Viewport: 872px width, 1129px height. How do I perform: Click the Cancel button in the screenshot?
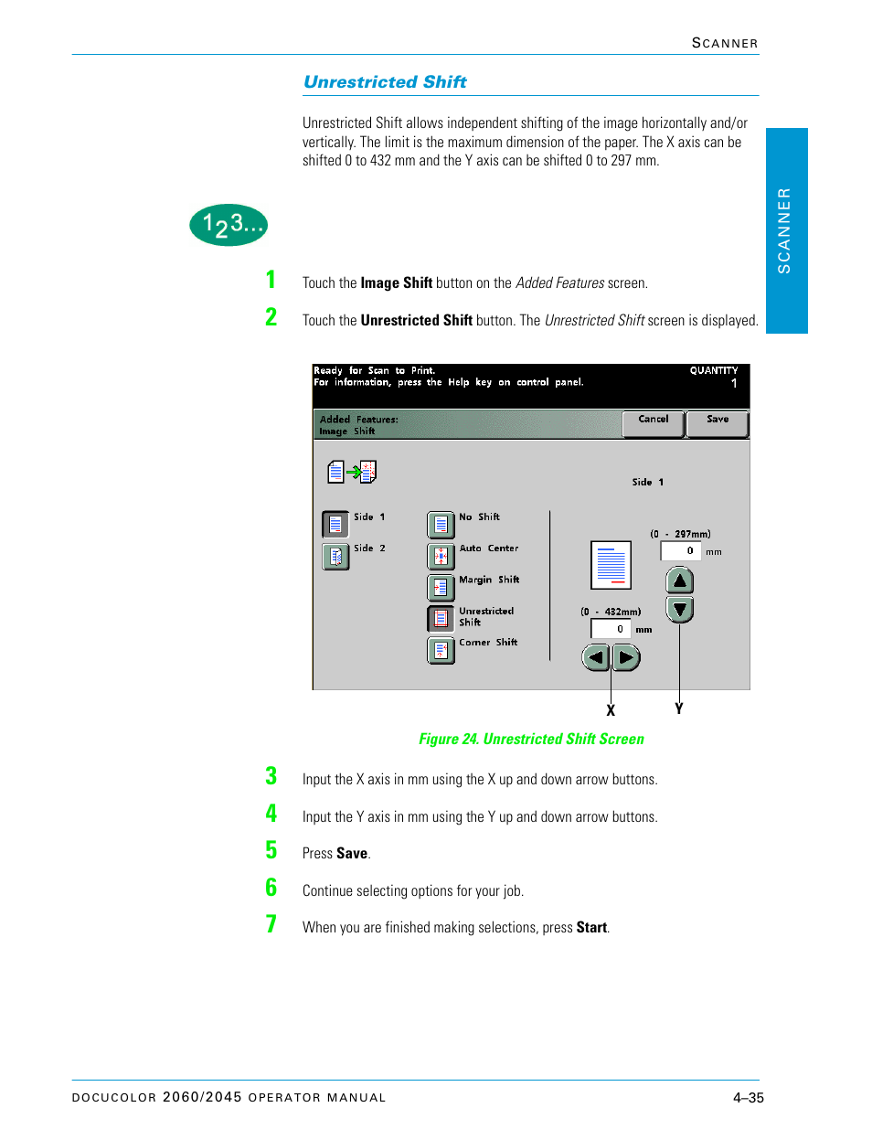653,423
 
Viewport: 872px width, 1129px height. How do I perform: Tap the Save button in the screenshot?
717,423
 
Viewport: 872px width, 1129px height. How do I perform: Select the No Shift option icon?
441,525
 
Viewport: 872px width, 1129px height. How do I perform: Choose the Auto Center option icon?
441,556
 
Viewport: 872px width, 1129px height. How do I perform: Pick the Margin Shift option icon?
441,587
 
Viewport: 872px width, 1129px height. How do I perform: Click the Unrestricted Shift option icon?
441,619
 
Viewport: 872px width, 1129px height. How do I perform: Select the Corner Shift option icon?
441,650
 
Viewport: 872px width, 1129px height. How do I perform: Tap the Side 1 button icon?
335,524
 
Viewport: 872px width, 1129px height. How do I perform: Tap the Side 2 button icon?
335,556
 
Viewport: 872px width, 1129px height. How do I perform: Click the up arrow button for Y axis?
679,580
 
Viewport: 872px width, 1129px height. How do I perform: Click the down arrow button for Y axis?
679,609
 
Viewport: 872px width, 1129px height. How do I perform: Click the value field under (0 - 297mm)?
680,550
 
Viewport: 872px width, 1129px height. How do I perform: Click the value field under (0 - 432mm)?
611,629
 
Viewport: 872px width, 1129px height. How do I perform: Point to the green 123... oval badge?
229,225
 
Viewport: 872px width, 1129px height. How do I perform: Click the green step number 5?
271,850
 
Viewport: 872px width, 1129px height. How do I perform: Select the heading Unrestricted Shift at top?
385,82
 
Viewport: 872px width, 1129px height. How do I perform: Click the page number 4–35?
748,1098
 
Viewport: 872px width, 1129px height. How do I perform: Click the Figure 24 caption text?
531,739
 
